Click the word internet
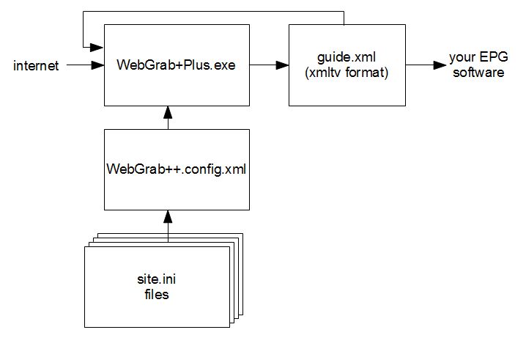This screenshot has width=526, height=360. (36, 66)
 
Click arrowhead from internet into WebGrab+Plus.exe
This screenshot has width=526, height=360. (98, 65)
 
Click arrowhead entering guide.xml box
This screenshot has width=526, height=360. (283, 65)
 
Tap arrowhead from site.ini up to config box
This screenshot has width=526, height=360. (168, 216)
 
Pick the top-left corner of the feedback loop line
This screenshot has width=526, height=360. (84, 12)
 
